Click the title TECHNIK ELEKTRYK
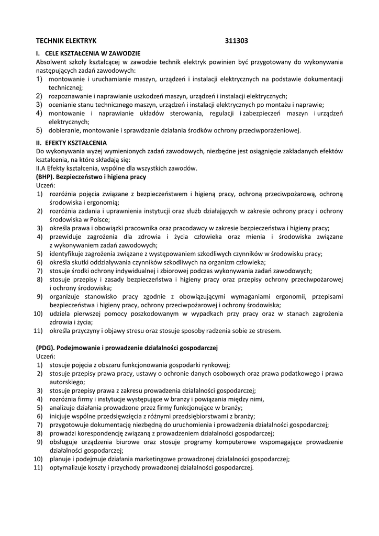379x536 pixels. click(66, 40)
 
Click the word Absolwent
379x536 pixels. click(51, 62)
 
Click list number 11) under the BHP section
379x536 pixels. click(38, 330)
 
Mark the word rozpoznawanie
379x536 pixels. click(71, 96)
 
